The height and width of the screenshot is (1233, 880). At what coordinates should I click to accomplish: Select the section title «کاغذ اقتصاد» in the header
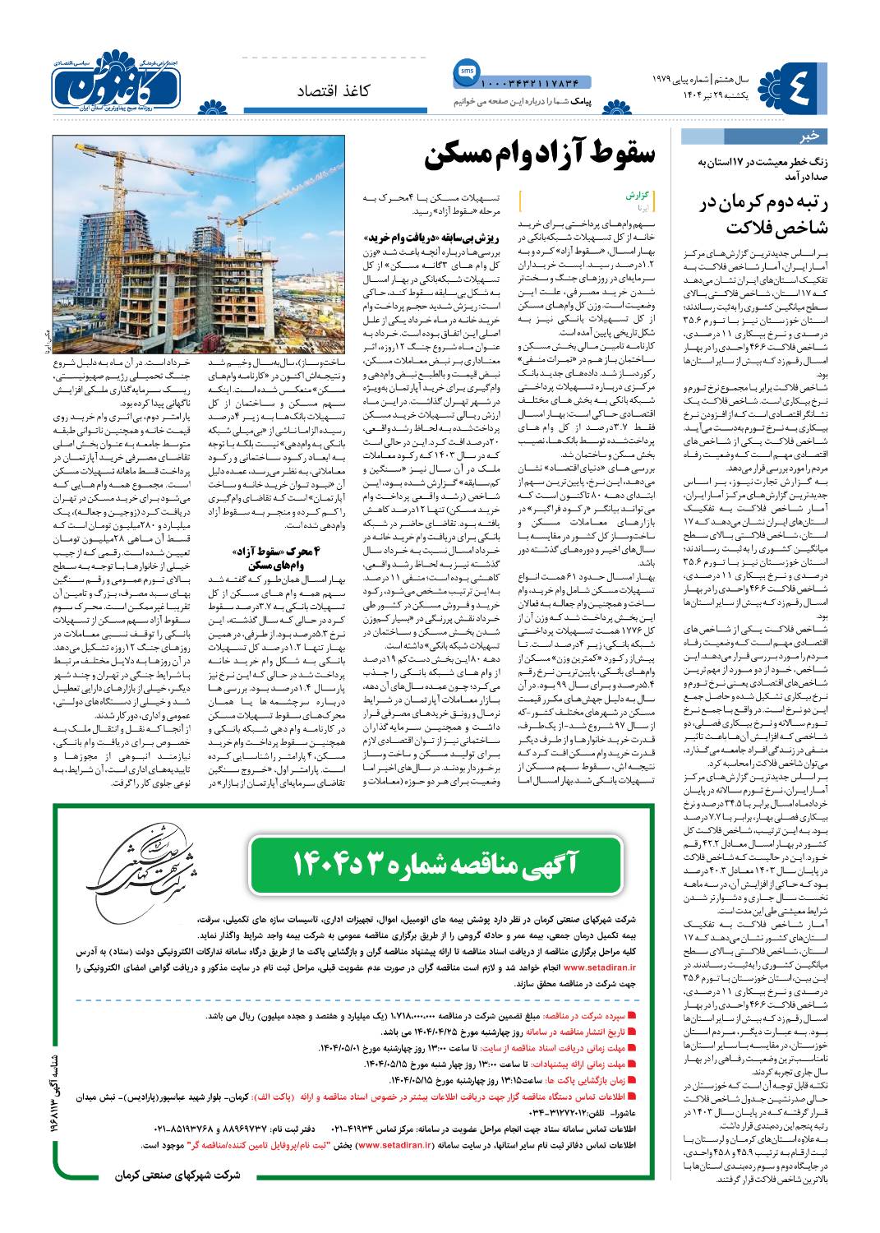point(333,90)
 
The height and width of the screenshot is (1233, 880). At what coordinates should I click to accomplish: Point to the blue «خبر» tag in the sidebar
point(809,136)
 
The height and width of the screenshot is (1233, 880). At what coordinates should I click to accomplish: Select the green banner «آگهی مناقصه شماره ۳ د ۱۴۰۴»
point(435,863)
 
